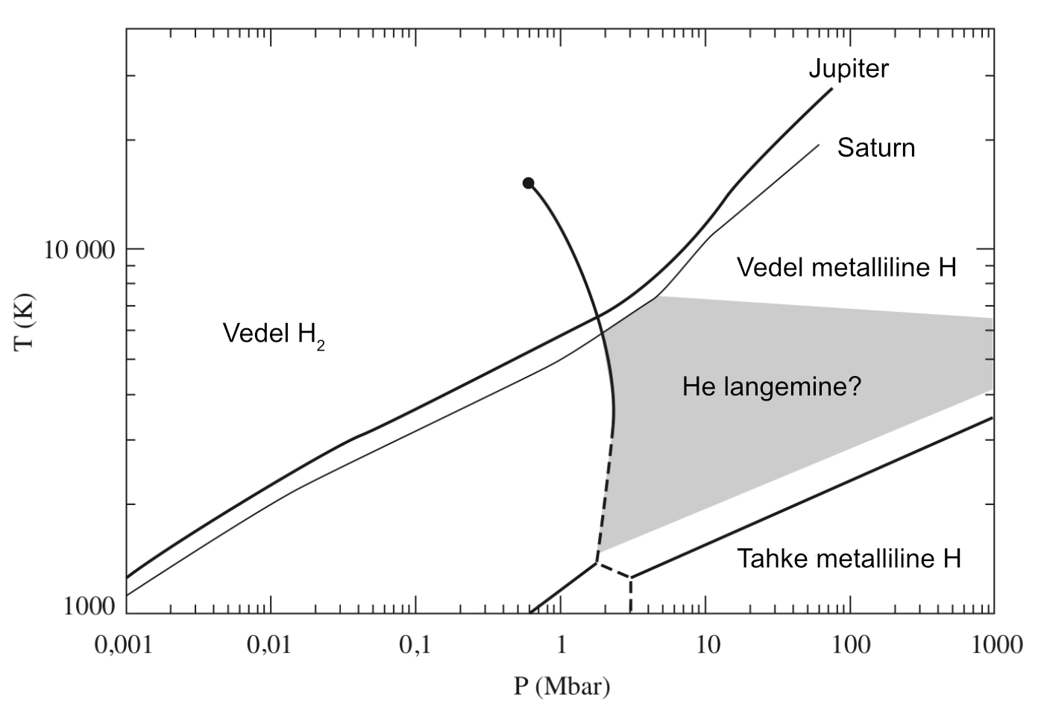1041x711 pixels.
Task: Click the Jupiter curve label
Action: (x=849, y=69)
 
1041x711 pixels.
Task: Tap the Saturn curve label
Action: (x=875, y=148)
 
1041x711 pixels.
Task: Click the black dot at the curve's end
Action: (x=528, y=183)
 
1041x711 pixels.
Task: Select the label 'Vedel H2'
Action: (x=274, y=333)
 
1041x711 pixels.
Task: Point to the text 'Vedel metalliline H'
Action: (x=846, y=267)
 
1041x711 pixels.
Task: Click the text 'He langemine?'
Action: (x=771, y=386)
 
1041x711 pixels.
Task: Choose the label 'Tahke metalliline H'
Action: (x=849, y=558)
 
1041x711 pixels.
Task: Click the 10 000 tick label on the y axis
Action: (x=80, y=249)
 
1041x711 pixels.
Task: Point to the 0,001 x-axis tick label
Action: (x=123, y=643)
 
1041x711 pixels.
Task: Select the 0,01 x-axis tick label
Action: (x=268, y=643)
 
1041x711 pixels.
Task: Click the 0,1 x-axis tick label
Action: (x=415, y=643)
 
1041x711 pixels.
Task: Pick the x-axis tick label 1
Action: (x=561, y=643)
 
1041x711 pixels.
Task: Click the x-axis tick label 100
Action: (x=851, y=643)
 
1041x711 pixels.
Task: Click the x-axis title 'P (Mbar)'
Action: (x=561, y=686)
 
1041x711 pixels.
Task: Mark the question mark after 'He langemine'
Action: (x=855, y=386)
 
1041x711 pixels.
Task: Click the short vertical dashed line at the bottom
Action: (x=630, y=595)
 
